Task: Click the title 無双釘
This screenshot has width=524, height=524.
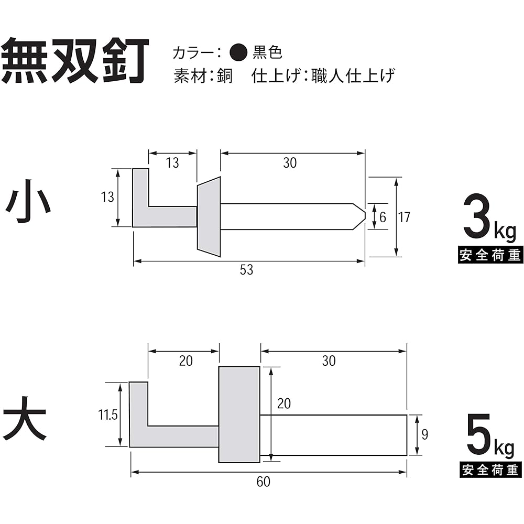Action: point(75,61)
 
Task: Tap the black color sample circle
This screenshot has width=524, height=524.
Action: point(238,52)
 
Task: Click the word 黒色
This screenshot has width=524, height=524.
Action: point(267,52)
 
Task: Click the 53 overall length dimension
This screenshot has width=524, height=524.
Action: point(247,270)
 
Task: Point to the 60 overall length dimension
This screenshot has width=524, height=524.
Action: point(264,482)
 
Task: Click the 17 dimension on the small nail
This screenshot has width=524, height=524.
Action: point(404,217)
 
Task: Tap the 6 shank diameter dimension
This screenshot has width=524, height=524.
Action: point(383,217)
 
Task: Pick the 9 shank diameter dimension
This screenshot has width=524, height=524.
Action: point(425,434)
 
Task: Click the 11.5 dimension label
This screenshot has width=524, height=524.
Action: point(107,414)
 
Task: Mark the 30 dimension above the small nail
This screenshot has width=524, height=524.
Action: point(290,163)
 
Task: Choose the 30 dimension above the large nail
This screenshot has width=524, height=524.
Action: point(329,361)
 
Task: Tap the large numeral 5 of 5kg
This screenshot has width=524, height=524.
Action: point(479,434)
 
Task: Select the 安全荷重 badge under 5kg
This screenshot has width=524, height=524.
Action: point(490,470)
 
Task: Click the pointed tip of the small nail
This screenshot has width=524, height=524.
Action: point(365,216)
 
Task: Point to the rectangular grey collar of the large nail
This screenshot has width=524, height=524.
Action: point(239,414)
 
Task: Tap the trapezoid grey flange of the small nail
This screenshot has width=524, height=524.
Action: point(209,216)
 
